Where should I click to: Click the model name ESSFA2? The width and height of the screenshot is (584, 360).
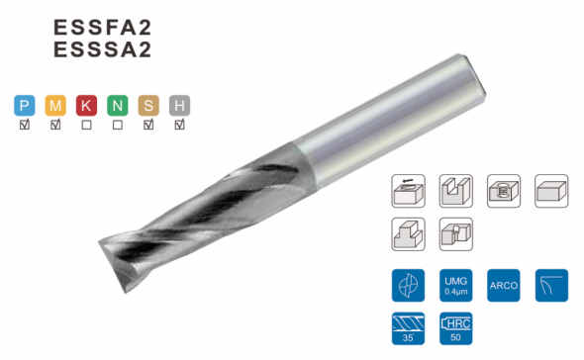pos(102,27)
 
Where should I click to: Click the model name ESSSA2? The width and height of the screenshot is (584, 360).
pos(102,49)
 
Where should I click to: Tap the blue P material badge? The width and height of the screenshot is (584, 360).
pos(25,106)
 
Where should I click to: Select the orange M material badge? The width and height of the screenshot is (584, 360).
pos(55,106)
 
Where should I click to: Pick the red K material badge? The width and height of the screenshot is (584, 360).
pos(86,106)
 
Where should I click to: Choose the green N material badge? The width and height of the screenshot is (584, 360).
pos(118,106)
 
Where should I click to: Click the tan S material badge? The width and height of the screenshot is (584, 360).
pos(148,106)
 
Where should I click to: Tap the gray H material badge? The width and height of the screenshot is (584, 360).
pos(179,106)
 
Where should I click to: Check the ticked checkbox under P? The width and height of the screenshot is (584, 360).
pos(25,125)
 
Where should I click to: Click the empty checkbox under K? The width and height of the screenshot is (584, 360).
pos(86,125)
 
